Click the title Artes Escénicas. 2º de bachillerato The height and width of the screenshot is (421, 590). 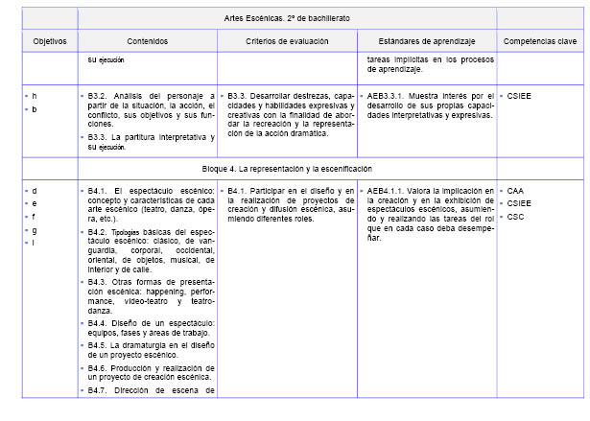point(287,18)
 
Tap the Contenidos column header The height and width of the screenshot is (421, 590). point(147,42)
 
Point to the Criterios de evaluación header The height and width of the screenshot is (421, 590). point(286,42)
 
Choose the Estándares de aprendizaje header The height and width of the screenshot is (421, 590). point(427,42)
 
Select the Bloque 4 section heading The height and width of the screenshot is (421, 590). point(287,167)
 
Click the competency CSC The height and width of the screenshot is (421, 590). point(517,216)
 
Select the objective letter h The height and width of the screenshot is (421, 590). point(35,96)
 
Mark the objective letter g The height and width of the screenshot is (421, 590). point(35,229)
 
